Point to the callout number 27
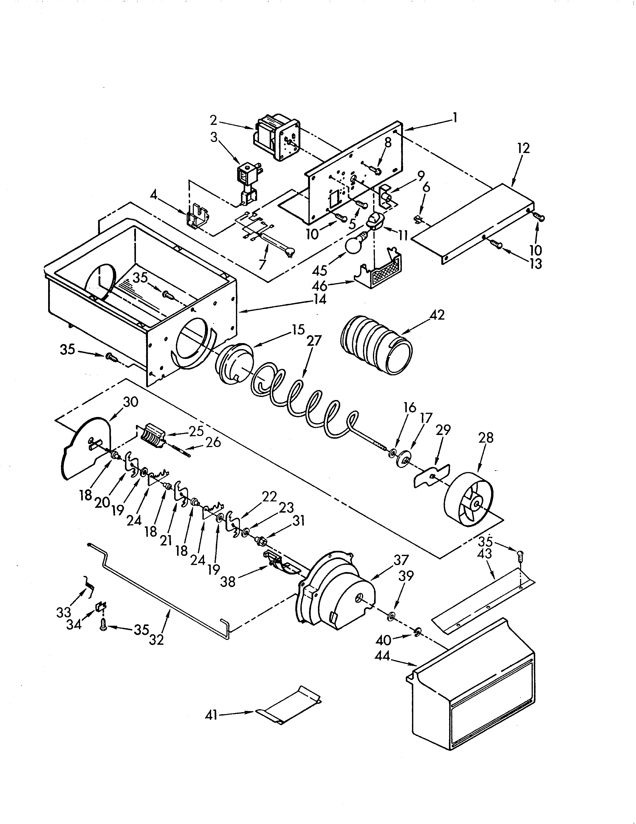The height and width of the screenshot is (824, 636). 314,341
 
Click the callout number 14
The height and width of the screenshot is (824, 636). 318,300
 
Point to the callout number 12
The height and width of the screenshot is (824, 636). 523,148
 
